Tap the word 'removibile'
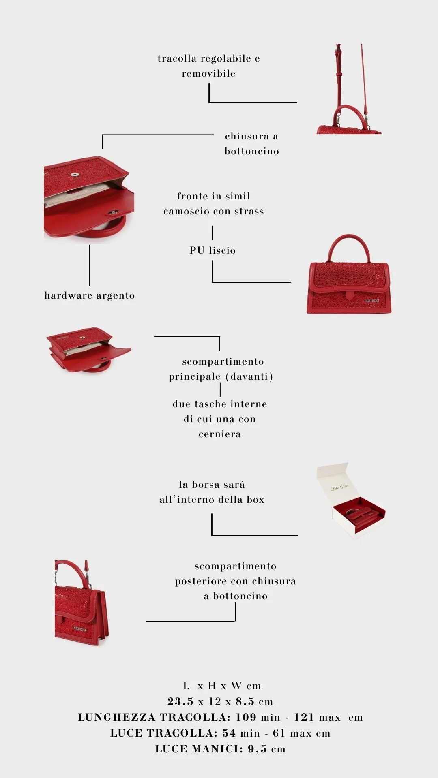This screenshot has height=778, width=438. (x=208, y=73)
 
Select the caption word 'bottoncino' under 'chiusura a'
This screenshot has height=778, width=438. (x=252, y=151)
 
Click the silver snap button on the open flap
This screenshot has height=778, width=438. (x=75, y=175)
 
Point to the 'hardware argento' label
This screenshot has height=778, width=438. (x=90, y=295)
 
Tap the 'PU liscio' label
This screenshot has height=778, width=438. (x=213, y=250)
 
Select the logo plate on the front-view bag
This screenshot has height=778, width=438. (x=372, y=301)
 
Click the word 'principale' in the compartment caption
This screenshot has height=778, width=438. (x=195, y=377)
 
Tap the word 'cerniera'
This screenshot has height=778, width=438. (x=220, y=434)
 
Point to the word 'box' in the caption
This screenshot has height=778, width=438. (x=255, y=500)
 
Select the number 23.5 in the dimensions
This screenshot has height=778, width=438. (x=180, y=701)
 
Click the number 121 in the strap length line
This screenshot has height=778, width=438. (x=304, y=717)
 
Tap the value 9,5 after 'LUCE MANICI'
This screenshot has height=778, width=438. (x=258, y=749)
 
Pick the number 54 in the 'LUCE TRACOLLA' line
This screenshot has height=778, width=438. (x=229, y=733)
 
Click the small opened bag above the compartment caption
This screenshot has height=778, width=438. (x=88, y=350)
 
